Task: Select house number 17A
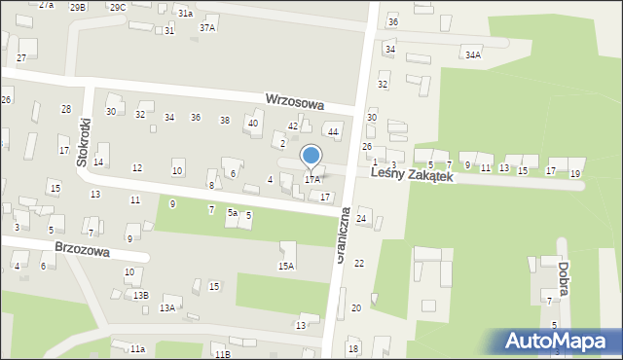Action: [312, 179]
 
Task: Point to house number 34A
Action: [473, 55]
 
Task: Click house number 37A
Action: [207, 28]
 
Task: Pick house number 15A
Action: [286, 266]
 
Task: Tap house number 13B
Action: [141, 295]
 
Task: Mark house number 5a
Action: [233, 212]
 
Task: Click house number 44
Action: [333, 131]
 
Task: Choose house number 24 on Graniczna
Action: [361, 219]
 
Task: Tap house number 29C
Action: [117, 7]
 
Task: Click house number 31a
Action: [185, 14]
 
